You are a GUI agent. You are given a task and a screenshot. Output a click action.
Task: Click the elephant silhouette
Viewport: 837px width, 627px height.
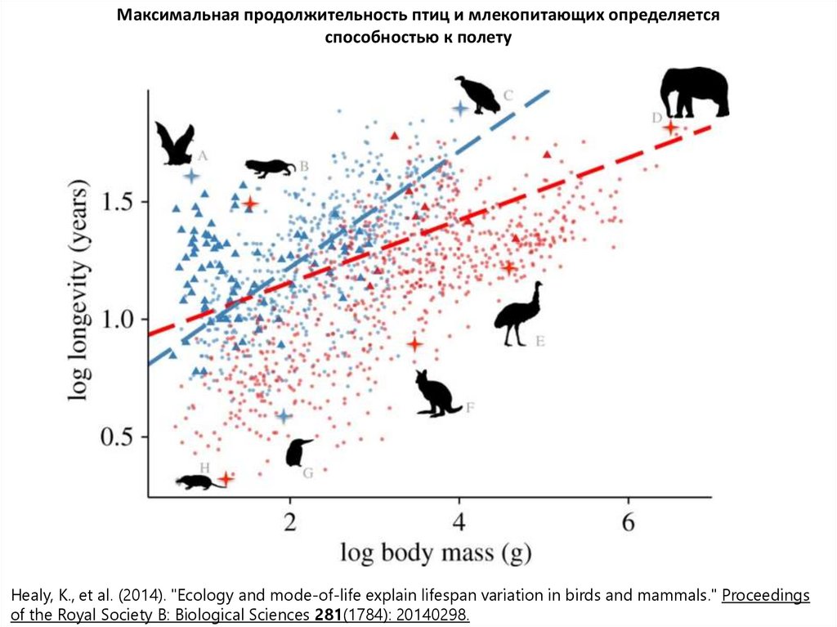tap(695, 92)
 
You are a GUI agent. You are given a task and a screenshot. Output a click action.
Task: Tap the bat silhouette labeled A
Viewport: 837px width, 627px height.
tap(174, 143)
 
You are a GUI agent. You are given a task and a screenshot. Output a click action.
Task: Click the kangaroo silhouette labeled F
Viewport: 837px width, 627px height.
tap(435, 394)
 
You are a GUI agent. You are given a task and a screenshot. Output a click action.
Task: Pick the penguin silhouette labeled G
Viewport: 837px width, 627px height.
tap(298, 452)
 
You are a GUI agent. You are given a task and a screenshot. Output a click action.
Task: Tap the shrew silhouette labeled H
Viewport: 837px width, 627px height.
tap(197, 482)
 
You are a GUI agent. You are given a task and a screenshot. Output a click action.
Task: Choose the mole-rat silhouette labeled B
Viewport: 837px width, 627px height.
tap(271, 168)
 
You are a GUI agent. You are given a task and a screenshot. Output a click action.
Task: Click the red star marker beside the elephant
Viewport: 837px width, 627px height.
tap(670, 128)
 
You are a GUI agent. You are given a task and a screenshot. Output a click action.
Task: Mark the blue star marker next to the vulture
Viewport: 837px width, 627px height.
tap(460, 108)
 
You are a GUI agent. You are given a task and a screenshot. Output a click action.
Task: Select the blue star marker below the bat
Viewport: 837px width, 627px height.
tap(191, 176)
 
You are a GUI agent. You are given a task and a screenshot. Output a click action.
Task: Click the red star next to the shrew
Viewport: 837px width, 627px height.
tap(226, 478)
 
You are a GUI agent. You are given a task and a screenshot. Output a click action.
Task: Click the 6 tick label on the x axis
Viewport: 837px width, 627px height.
tap(628, 522)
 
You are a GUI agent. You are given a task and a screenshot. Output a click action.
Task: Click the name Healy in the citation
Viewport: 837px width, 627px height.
tap(32, 595)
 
